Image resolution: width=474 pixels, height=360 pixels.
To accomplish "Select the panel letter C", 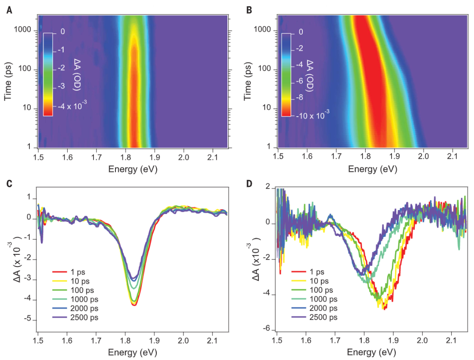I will tap(9, 183).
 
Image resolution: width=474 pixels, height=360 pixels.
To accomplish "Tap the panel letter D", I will tap(249, 183).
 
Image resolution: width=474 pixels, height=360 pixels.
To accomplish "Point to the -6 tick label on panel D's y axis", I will tap(270, 330).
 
